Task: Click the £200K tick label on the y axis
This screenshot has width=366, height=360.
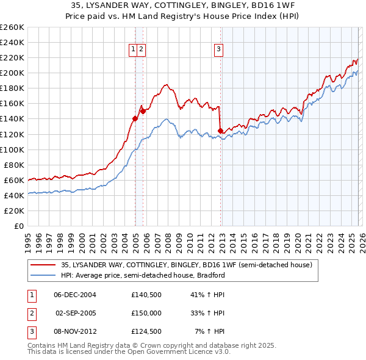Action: click(12, 73)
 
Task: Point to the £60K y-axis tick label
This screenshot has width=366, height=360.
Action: click(14, 180)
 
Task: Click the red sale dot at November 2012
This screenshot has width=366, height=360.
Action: click(220, 130)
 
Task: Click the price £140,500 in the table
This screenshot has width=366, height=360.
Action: click(146, 295)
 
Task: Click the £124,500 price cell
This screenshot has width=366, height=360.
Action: click(146, 331)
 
